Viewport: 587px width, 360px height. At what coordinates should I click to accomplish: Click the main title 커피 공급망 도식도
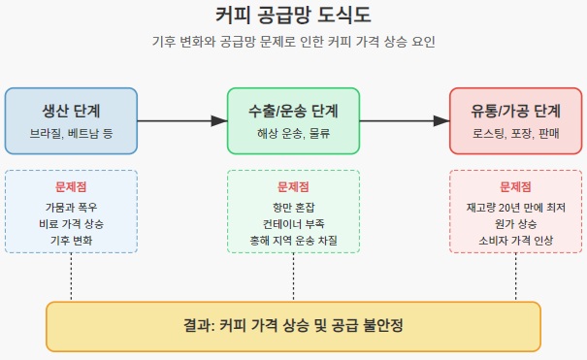pos(293,16)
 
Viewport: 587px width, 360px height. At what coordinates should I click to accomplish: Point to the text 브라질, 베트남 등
pos(71,132)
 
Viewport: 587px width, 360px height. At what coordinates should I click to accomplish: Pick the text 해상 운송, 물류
pos(293,132)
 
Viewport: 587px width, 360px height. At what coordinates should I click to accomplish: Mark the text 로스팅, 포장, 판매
pos(516,132)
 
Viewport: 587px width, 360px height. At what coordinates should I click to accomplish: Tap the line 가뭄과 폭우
pos(71,207)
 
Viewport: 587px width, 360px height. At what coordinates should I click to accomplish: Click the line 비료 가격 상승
pos(71,223)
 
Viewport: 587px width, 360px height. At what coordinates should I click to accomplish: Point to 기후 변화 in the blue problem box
pos(71,240)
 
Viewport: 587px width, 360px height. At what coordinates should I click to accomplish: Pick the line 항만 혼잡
pos(293,207)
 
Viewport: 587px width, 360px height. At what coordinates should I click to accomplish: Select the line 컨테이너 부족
pos(293,223)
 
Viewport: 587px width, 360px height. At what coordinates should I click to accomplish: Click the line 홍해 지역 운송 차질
pos(293,240)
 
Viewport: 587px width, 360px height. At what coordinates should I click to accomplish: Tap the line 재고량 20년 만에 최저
pos(516,207)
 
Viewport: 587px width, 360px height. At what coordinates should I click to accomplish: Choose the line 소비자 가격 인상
pos(516,240)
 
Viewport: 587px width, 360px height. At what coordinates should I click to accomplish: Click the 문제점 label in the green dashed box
pos(293,187)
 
